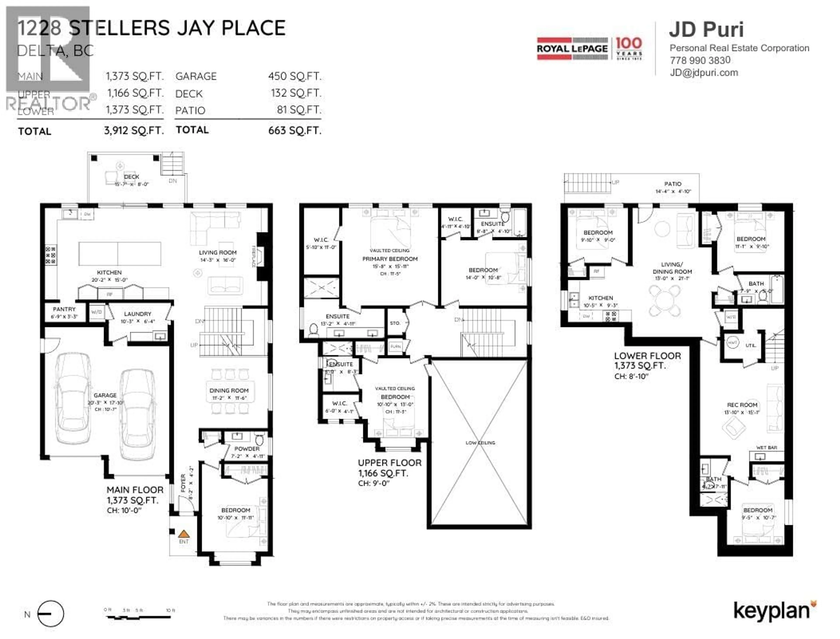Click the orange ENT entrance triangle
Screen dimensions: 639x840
pyautogui.click(x=184, y=534)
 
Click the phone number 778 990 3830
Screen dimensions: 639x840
pyautogui.click(x=700, y=60)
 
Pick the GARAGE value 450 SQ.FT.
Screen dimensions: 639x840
pyautogui.click(x=295, y=76)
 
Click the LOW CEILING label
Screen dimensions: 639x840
pyautogui.click(x=480, y=443)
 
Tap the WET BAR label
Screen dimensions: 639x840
pyautogui.click(x=766, y=448)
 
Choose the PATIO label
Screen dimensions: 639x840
pyautogui.click(x=673, y=184)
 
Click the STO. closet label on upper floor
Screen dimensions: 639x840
pyautogui.click(x=395, y=323)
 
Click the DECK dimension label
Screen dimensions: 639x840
pyautogui.click(x=131, y=184)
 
